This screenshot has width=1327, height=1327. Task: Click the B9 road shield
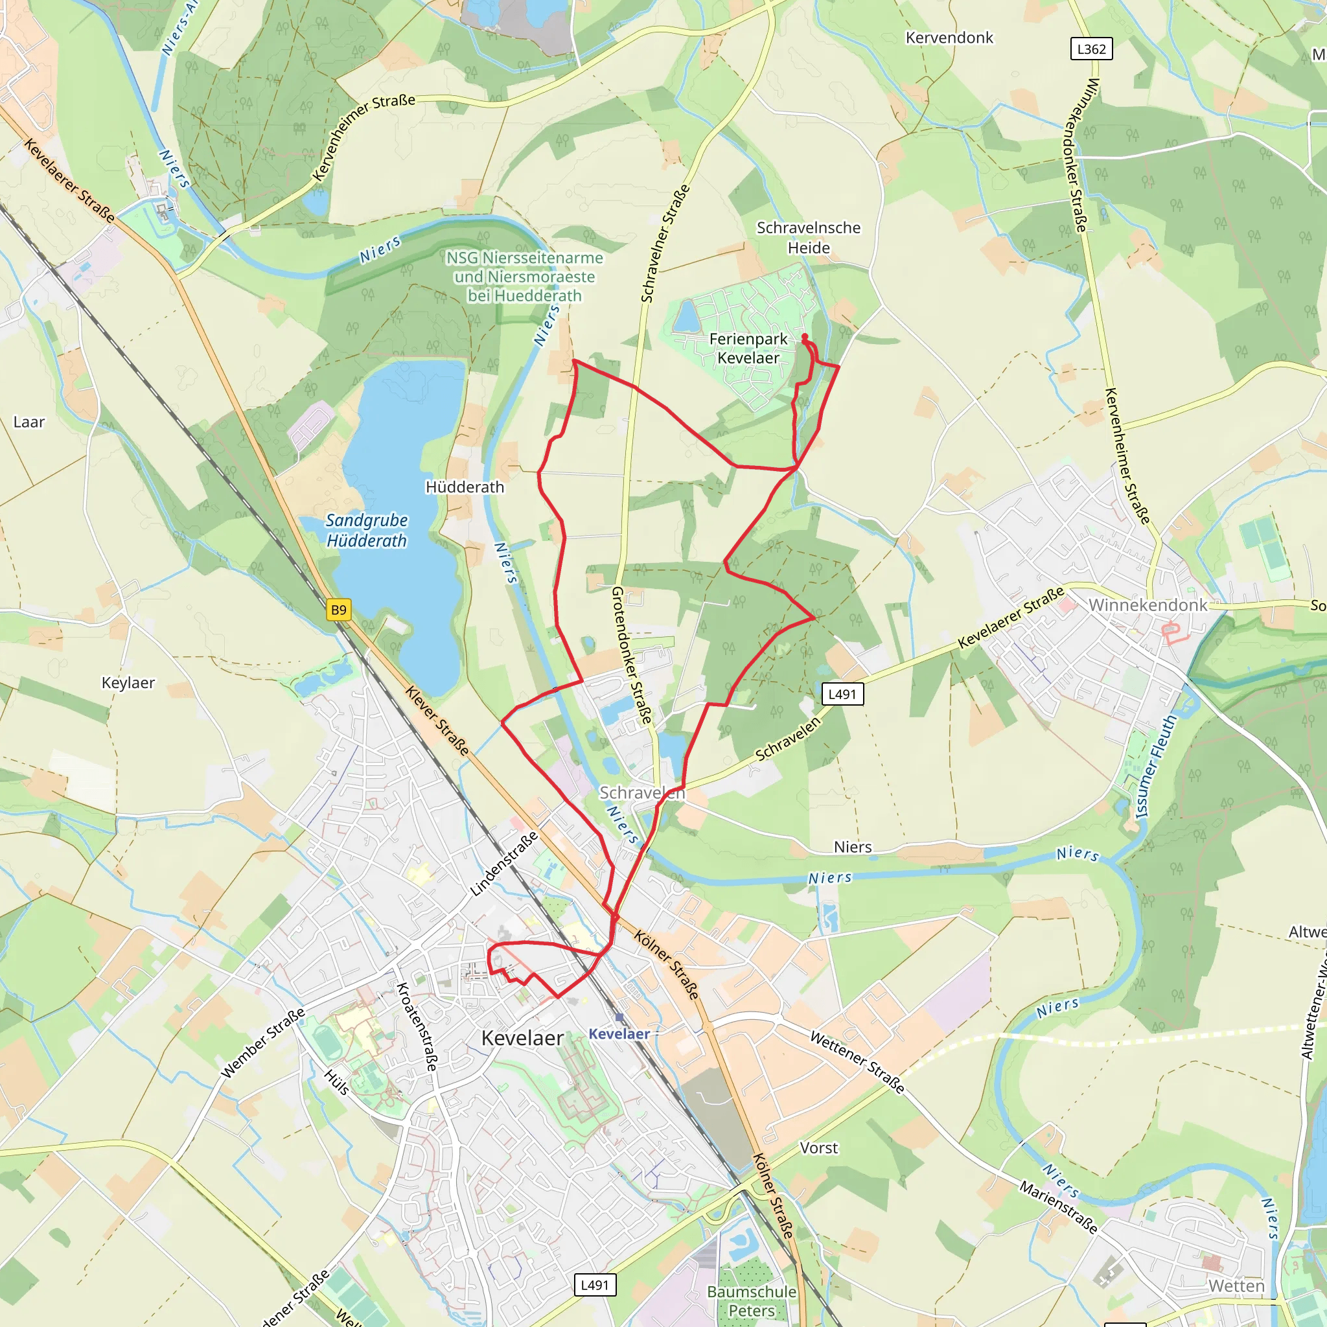coord(339,610)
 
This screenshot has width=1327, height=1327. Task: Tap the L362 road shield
coord(1091,49)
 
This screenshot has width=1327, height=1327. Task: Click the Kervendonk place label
coord(949,38)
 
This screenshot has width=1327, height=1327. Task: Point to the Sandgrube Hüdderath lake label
coord(367,530)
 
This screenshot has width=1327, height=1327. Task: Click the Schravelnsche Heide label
coord(809,237)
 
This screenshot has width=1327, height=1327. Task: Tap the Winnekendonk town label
coord(1148,605)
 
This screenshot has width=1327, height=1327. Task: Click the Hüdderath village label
coord(465,487)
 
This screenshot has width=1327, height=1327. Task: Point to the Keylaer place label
coord(128,682)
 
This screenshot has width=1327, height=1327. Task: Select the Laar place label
coord(29,422)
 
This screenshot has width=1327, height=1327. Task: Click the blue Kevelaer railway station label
coord(619,1033)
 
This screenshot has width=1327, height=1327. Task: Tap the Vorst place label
coord(819,1148)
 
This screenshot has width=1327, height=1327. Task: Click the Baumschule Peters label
coord(752,1301)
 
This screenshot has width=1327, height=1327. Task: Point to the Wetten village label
coord(1236,1286)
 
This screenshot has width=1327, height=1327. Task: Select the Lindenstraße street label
coord(504,864)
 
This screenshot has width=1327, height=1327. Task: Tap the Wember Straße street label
coord(263,1043)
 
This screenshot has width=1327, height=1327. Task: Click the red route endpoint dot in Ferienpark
coord(804,336)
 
